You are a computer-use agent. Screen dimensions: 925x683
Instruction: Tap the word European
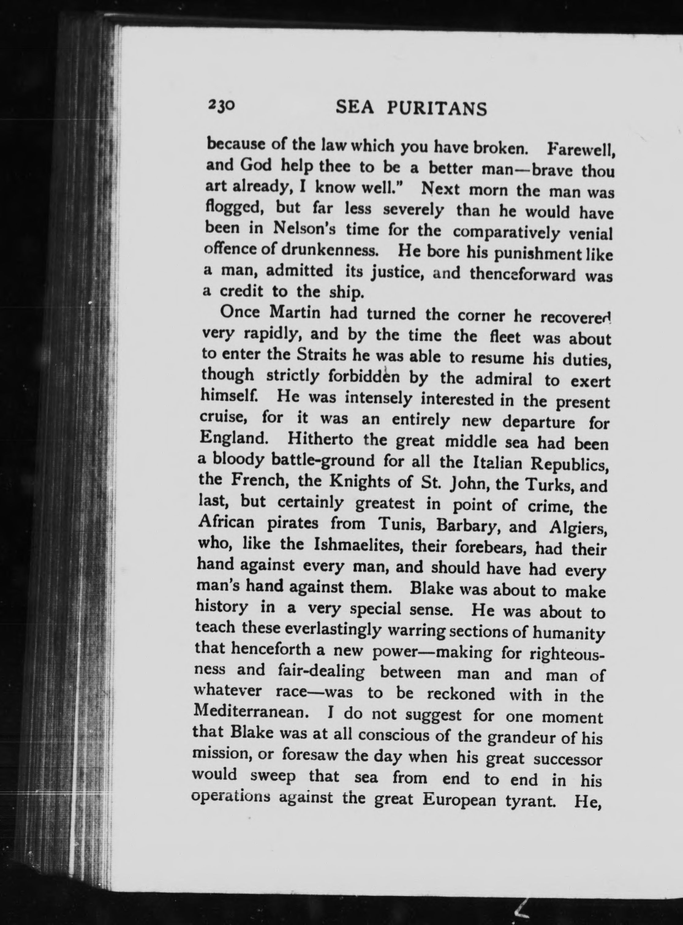tap(459, 800)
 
